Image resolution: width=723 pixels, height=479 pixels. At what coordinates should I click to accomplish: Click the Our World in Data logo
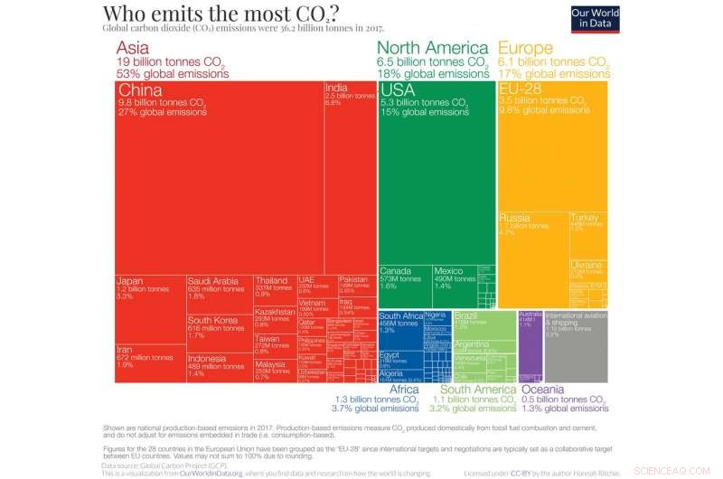[x=593, y=19]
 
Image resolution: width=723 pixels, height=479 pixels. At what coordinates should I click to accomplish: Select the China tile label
[x=141, y=91]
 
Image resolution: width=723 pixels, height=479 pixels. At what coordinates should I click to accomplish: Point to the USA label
[x=398, y=90]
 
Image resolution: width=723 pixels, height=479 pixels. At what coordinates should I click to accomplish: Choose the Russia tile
[x=532, y=244]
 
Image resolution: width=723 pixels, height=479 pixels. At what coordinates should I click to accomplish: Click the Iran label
[x=126, y=350]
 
